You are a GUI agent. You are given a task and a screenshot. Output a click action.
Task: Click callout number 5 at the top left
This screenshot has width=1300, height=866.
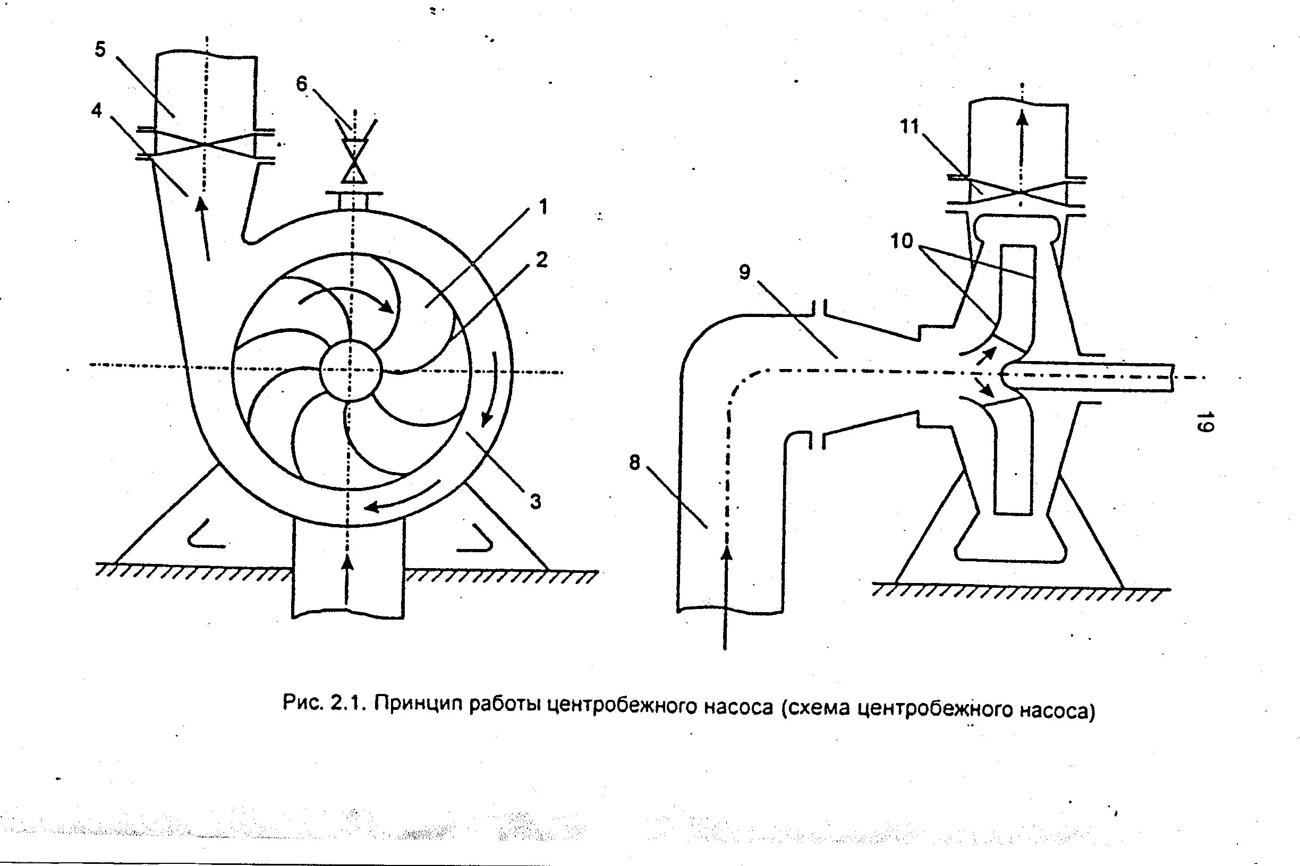point(100,49)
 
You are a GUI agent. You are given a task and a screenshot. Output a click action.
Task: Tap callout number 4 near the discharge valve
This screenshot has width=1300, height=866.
point(97,110)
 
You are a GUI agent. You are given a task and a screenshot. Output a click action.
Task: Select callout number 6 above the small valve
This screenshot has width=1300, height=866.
point(302,83)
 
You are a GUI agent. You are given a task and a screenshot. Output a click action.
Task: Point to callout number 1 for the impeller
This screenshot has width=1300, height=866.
point(543,207)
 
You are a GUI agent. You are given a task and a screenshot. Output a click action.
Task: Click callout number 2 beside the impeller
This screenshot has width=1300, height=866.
point(541,260)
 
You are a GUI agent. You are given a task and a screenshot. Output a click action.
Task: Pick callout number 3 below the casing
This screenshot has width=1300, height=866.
point(535,501)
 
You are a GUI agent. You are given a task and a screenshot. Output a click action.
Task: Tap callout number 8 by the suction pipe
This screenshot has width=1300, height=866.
point(634,462)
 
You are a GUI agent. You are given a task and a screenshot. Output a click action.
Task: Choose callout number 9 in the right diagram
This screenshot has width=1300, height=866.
point(745,272)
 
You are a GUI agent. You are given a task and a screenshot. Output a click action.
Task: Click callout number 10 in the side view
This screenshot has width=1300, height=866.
point(902,241)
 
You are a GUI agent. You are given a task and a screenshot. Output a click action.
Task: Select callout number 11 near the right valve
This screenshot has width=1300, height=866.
point(910,126)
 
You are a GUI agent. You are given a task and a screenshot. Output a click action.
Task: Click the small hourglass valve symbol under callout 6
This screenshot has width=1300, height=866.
point(354,161)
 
